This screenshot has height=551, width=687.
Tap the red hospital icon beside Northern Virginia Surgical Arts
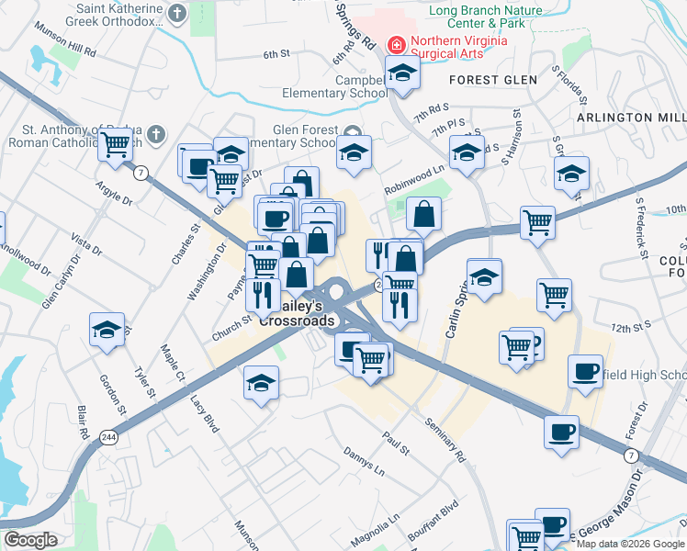pyautogui.click(x=397, y=43)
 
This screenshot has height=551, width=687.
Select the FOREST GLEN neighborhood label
pyautogui.click(x=493, y=80)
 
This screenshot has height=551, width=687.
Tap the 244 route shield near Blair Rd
pyautogui.click(x=109, y=435)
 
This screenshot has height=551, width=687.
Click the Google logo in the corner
pyautogui.click(x=31, y=540)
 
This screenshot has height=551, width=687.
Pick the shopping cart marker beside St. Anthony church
pyautogui.click(x=115, y=144)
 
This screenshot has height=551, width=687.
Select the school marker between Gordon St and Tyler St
pyautogui.click(x=107, y=329)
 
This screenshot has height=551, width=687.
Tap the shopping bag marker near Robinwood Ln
pyautogui.click(x=422, y=214)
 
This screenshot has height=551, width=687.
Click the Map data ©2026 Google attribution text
pyautogui.click(x=630, y=543)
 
